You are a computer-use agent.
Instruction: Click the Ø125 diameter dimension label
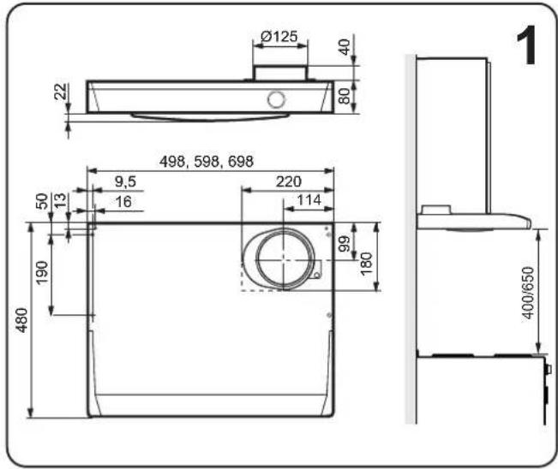[279, 36]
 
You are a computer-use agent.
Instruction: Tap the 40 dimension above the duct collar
[345, 47]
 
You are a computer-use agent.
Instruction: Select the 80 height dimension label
[345, 96]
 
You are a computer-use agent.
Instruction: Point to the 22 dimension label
[61, 92]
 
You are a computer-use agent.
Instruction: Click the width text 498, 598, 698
[207, 162]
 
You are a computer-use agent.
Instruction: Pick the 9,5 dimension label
[125, 182]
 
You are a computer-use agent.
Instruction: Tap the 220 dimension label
[289, 181]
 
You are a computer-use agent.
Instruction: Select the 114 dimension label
[309, 200]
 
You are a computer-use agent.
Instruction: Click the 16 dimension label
[123, 202]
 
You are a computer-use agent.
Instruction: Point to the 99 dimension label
[345, 244]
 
